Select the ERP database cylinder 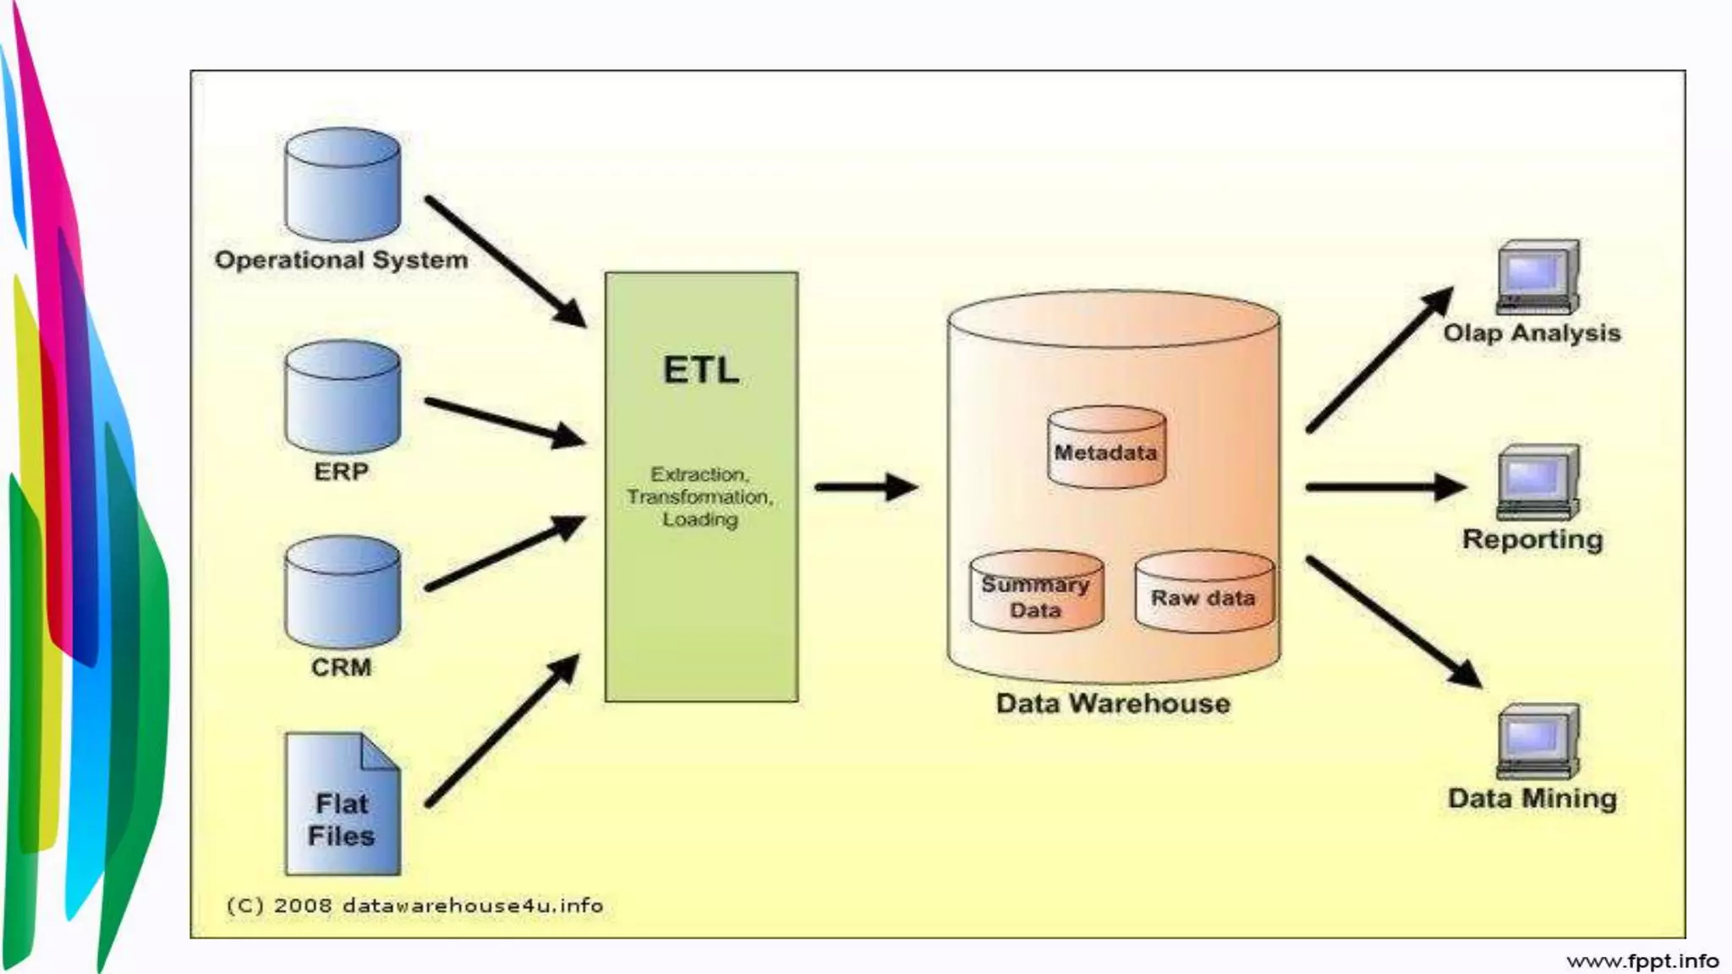pos(343,397)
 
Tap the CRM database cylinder pos(343,593)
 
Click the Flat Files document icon pos(342,804)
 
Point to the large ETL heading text pos(701,370)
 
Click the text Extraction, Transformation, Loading pos(700,497)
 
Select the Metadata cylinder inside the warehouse pos(1106,449)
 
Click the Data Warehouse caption pos(1113,703)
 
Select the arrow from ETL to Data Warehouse pos(865,487)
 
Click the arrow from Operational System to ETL pos(505,260)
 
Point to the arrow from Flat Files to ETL pos(502,730)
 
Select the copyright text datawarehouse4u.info pos(414,906)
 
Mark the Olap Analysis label pos(1532,333)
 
